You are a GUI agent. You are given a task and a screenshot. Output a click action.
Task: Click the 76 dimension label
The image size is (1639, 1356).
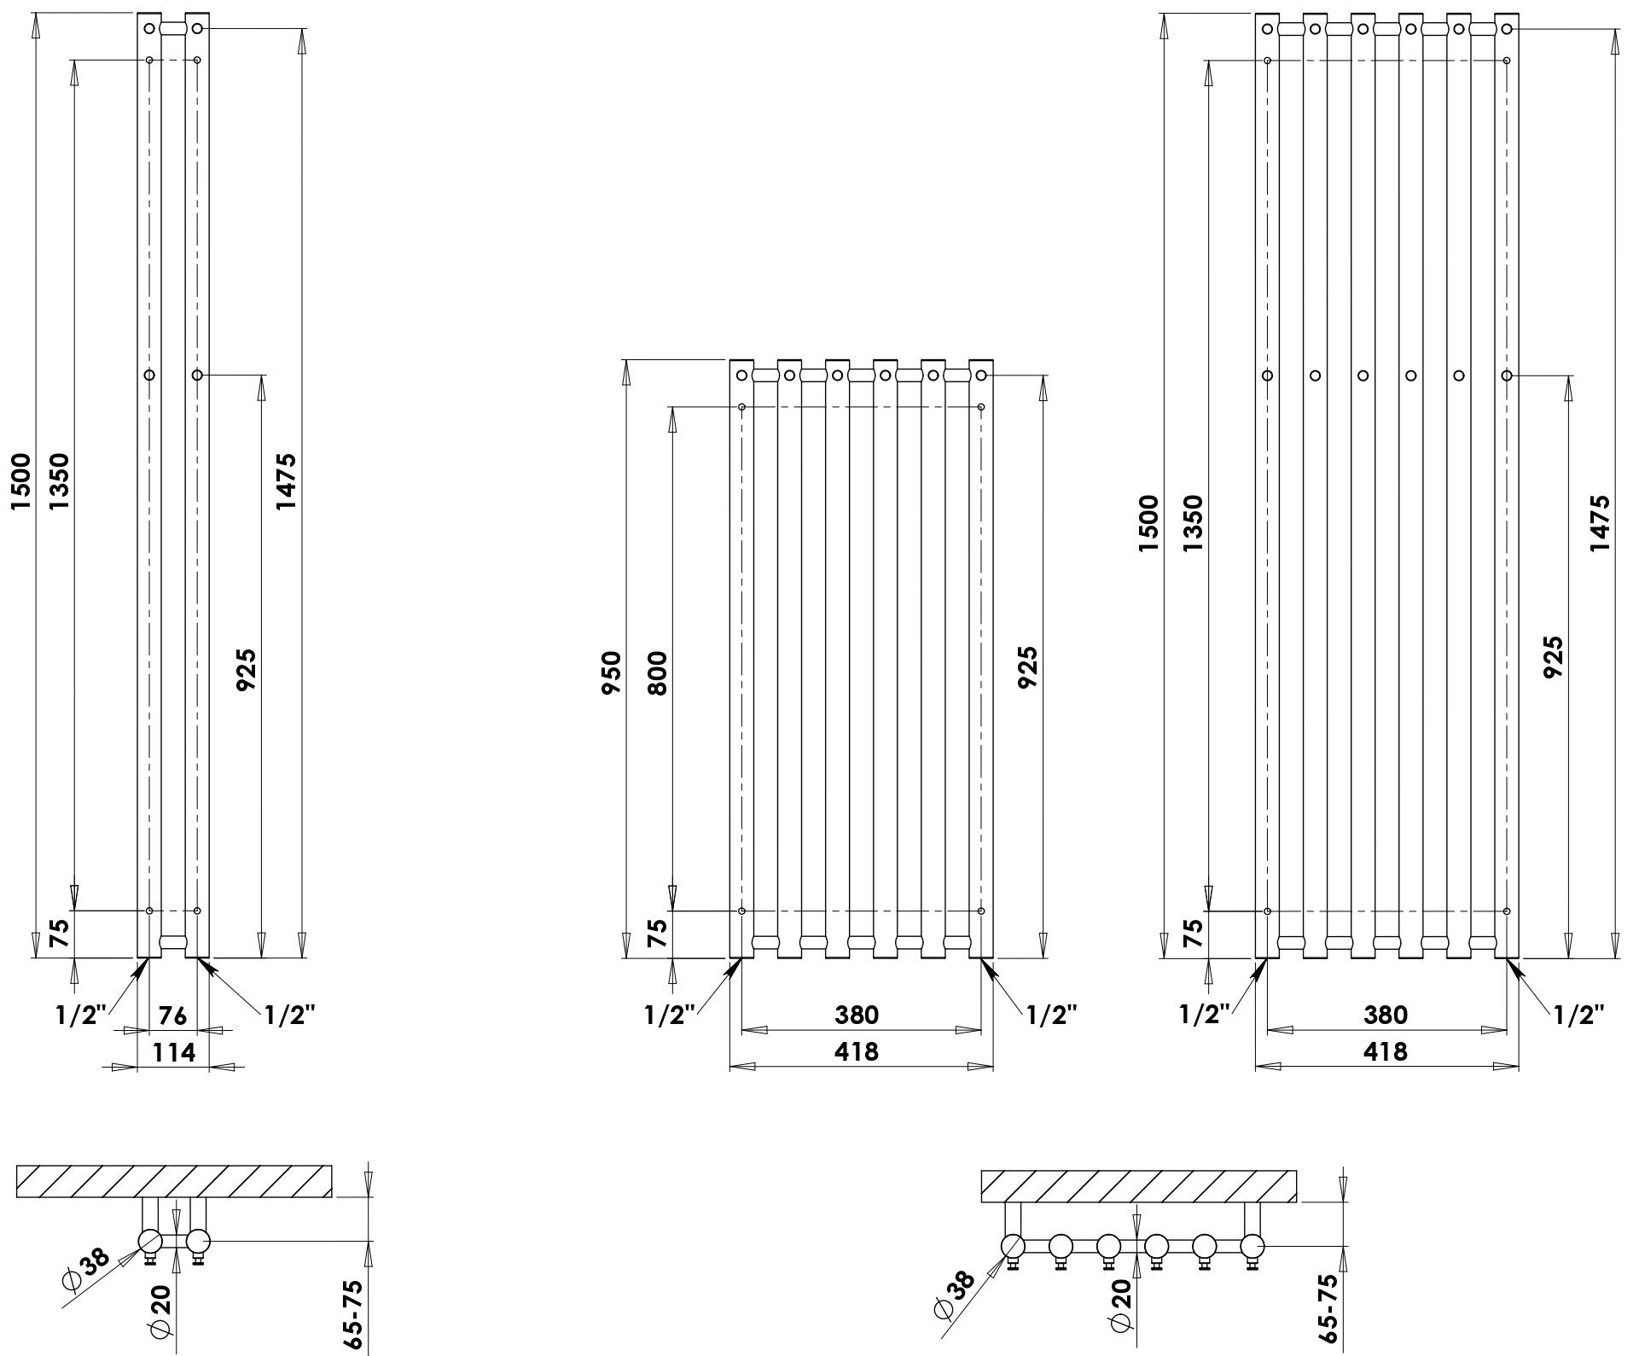click(173, 1015)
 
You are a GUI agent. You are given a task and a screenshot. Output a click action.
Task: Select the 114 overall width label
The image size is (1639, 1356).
click(173, 1052)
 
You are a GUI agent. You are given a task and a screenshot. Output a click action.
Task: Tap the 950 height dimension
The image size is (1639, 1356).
click(613, 672)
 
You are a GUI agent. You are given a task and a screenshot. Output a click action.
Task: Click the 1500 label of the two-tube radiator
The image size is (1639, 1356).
click(21, 482)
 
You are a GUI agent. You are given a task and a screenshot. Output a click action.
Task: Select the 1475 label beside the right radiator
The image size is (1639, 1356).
click(1600, 522)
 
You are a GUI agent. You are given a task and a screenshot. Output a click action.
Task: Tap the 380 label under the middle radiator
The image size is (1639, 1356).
click(856, 1015)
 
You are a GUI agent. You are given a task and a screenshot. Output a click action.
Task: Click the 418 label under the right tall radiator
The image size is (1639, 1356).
click(1385, 1052)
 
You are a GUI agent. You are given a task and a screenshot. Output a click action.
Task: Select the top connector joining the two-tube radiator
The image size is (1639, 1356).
click(173, 28)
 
